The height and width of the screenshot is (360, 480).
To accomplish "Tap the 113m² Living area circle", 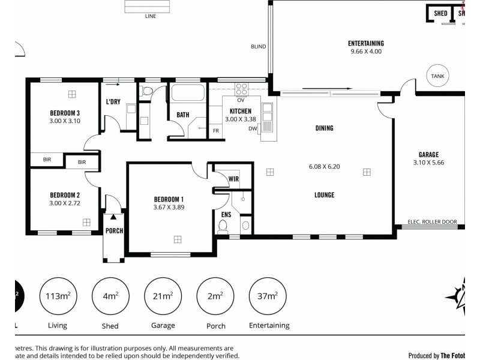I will click(58, 296).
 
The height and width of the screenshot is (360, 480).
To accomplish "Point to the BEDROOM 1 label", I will click(169, 199).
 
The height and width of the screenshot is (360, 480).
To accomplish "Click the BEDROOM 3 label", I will click(65, 113).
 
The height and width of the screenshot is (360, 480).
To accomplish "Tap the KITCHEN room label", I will click(240, 111).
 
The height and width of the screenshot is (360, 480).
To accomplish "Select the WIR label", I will click(234, 178).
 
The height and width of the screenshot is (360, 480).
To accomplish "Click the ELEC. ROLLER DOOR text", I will click(432, 222).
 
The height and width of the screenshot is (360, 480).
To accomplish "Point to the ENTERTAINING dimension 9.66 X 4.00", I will click(366, 52).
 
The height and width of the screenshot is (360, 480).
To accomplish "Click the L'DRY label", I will click(113, 102).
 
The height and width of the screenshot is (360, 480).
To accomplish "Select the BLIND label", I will click(258, 47).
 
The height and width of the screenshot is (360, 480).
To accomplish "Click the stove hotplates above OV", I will click(242, 89).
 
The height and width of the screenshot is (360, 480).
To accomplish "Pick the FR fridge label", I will click(215, 130).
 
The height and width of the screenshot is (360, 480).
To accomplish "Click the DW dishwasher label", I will click(253, 128).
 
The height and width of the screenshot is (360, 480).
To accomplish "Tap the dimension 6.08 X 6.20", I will click(324, 166).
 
